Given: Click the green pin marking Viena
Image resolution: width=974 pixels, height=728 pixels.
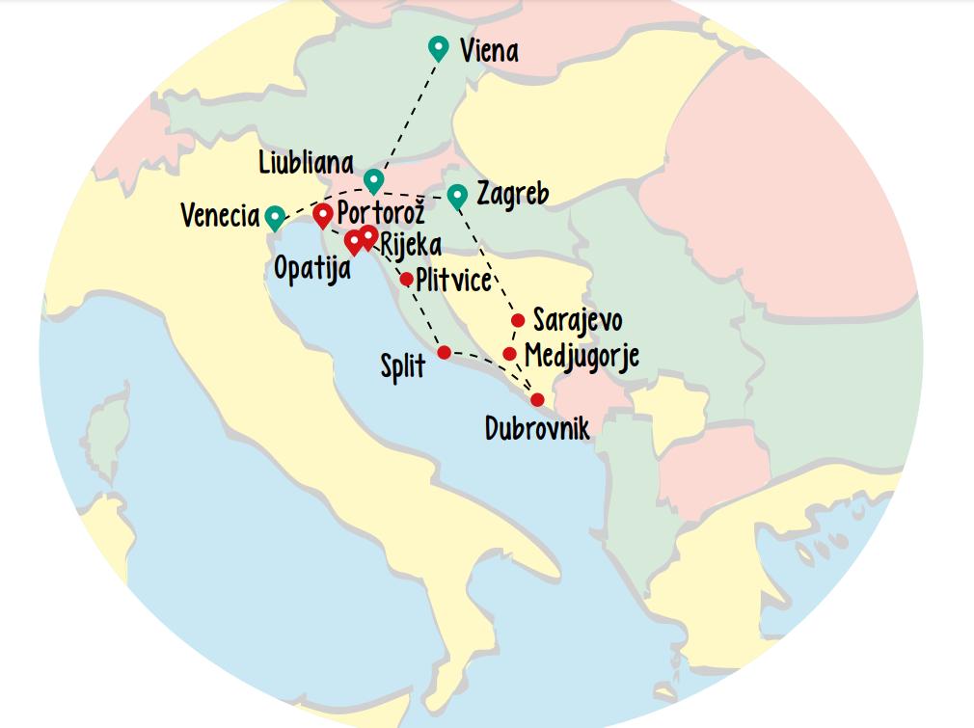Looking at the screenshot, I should (x=438, y=47).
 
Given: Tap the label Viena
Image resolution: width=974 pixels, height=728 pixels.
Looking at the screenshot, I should (x=489, y=50).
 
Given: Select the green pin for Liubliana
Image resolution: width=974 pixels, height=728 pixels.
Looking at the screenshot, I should (x=373, y=179).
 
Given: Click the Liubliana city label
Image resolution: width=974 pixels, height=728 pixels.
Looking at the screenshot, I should (x=306, y=163).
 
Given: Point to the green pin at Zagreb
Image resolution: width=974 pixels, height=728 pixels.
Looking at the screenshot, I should (x=458, y=196).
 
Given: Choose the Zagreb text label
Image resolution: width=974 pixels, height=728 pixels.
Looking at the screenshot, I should (x=512, y=194).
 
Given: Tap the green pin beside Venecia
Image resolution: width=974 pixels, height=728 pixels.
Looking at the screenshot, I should (x=276, y=217).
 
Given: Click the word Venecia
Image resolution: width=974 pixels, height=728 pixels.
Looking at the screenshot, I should (x=220, y=216).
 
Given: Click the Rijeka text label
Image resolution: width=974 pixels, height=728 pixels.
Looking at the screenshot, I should (x=411, y=244).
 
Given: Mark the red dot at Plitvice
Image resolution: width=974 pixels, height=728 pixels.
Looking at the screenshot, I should (x=407, y=279).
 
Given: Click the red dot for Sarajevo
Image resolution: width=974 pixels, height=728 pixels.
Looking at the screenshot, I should (x=518, y=320).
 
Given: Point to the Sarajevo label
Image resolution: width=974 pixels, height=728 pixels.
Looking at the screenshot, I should (x=578, y=320).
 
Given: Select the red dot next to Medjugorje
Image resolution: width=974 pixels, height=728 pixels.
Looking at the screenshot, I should (x=509, y=354).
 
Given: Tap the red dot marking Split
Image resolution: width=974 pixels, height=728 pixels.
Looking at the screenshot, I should (x=444, y=352).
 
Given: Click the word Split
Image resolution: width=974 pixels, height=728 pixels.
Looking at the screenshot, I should (x=402, y=367).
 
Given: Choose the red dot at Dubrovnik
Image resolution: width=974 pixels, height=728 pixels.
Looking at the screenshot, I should (x=537, y=399).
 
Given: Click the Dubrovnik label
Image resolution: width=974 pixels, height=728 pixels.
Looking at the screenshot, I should (x=536, y=428).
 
